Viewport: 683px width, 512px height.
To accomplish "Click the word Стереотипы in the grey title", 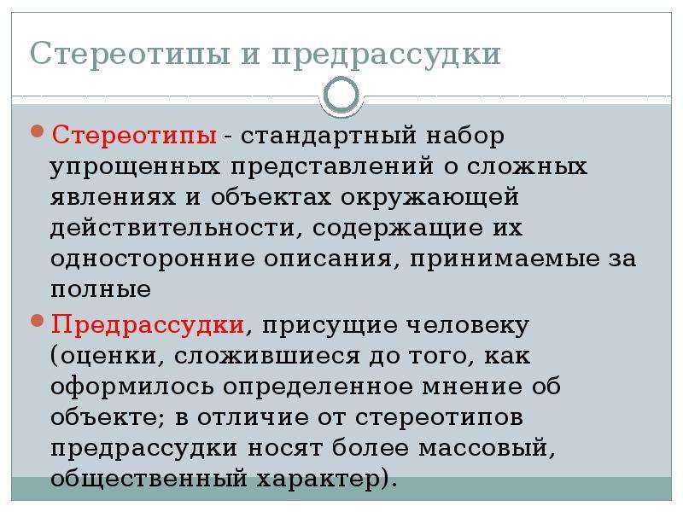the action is pyautogui.click(x=130, y=54).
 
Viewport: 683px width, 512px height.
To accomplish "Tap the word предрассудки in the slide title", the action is pyautogui.click(x=386, y=55).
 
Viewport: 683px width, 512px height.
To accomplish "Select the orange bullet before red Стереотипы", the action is pyautogui.click(x=38, y=131).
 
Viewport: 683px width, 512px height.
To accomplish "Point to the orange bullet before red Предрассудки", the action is pyautogui.click(x=38, y=322).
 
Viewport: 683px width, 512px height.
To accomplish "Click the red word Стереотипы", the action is pyautogui.click(x=134, y=135).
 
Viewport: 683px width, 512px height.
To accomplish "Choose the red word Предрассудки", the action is pyautogui.click(x=147, y=326).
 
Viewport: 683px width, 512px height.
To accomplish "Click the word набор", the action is pyautogui.click(x=464, y=135).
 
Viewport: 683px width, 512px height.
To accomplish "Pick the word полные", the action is pyautogui.click(x=101, y=290).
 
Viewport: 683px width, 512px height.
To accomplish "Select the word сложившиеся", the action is pyautogui.click(x=267, y=357).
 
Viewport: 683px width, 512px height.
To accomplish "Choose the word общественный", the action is pyautogui.click(x=149, y=480).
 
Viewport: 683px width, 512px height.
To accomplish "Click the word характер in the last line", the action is pyautogui.click(x=318, y=480).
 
